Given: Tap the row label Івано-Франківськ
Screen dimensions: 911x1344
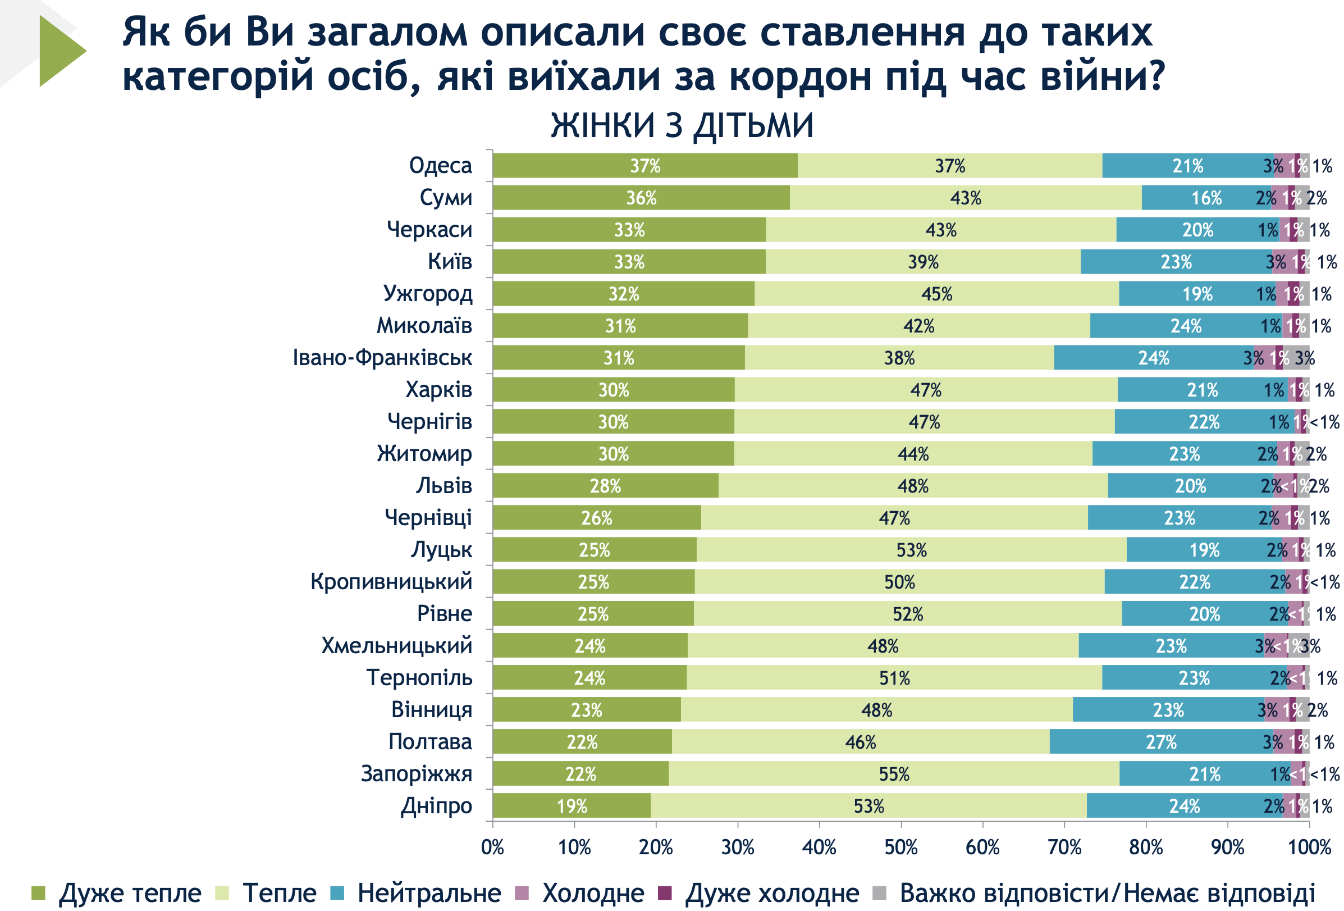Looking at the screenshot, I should [382, 357].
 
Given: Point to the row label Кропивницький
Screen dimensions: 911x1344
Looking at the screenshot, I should [391, 581].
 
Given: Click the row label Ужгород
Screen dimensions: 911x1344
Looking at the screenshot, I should [427, 294].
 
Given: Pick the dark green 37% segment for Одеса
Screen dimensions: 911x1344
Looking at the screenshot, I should [645, 166].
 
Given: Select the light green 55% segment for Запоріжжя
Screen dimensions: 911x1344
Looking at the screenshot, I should [894, 774].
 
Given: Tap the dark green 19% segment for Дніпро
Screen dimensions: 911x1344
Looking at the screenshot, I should [572, 807].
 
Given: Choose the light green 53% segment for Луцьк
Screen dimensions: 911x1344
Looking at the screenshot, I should [911, 550].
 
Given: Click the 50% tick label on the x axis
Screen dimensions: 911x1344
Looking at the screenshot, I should [901, 848].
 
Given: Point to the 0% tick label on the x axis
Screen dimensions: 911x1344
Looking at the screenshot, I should [493, 848].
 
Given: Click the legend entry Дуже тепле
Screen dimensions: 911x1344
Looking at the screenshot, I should [130, 893].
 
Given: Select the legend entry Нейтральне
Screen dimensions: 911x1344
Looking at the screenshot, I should [428, 893].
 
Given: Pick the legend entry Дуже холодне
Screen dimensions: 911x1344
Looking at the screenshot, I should [772, 893].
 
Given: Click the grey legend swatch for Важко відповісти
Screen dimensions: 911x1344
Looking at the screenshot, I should [879, 893].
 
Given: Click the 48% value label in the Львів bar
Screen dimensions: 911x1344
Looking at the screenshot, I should [913, 486].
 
